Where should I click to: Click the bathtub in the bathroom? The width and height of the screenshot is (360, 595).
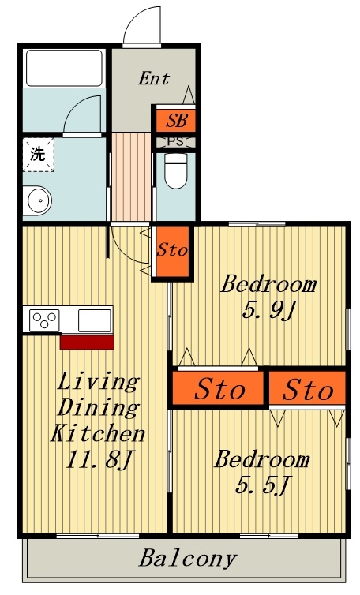(x=64, y=69)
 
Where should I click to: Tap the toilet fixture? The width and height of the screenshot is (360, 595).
(x=176, y=170)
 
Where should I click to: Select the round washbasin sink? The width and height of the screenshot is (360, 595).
(x=37, y=200)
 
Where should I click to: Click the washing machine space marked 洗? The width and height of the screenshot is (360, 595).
(x=38, y=155)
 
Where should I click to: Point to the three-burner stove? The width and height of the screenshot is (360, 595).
(x=44, y=320)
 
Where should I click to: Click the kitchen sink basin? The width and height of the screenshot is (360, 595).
(x=95, y=320)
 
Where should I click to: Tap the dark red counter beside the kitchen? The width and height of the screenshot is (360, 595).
(x=87, y=342)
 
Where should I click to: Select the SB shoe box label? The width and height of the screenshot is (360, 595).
(x=177, y=121)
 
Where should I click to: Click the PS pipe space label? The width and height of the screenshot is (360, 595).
(x=175, y=142)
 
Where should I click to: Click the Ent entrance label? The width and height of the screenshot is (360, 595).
(x=153, y=79)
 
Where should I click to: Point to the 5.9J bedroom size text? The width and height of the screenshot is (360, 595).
(x=268, y=310)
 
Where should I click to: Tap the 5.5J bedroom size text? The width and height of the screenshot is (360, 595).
(x=263, y=485)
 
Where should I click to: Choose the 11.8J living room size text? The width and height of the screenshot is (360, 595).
(x=99, y=459)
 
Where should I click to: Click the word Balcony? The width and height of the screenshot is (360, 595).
(x=188, y=559)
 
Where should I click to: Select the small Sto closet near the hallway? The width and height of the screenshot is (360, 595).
(x=172, y=251)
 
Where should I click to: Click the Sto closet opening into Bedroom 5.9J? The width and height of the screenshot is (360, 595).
(x=218, y=388)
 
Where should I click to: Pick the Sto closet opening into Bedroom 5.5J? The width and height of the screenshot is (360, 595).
(x=308, y=387)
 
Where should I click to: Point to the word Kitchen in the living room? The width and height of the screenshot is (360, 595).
(x=98, y=433)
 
